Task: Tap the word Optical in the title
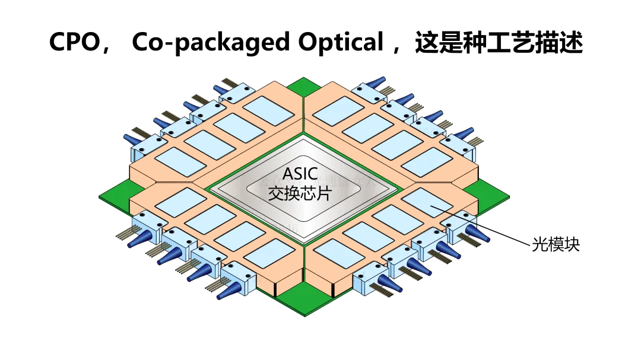[x=341, y=43]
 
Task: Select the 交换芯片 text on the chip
[x=299, y=193]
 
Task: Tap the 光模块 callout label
[x=556, y=244]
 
